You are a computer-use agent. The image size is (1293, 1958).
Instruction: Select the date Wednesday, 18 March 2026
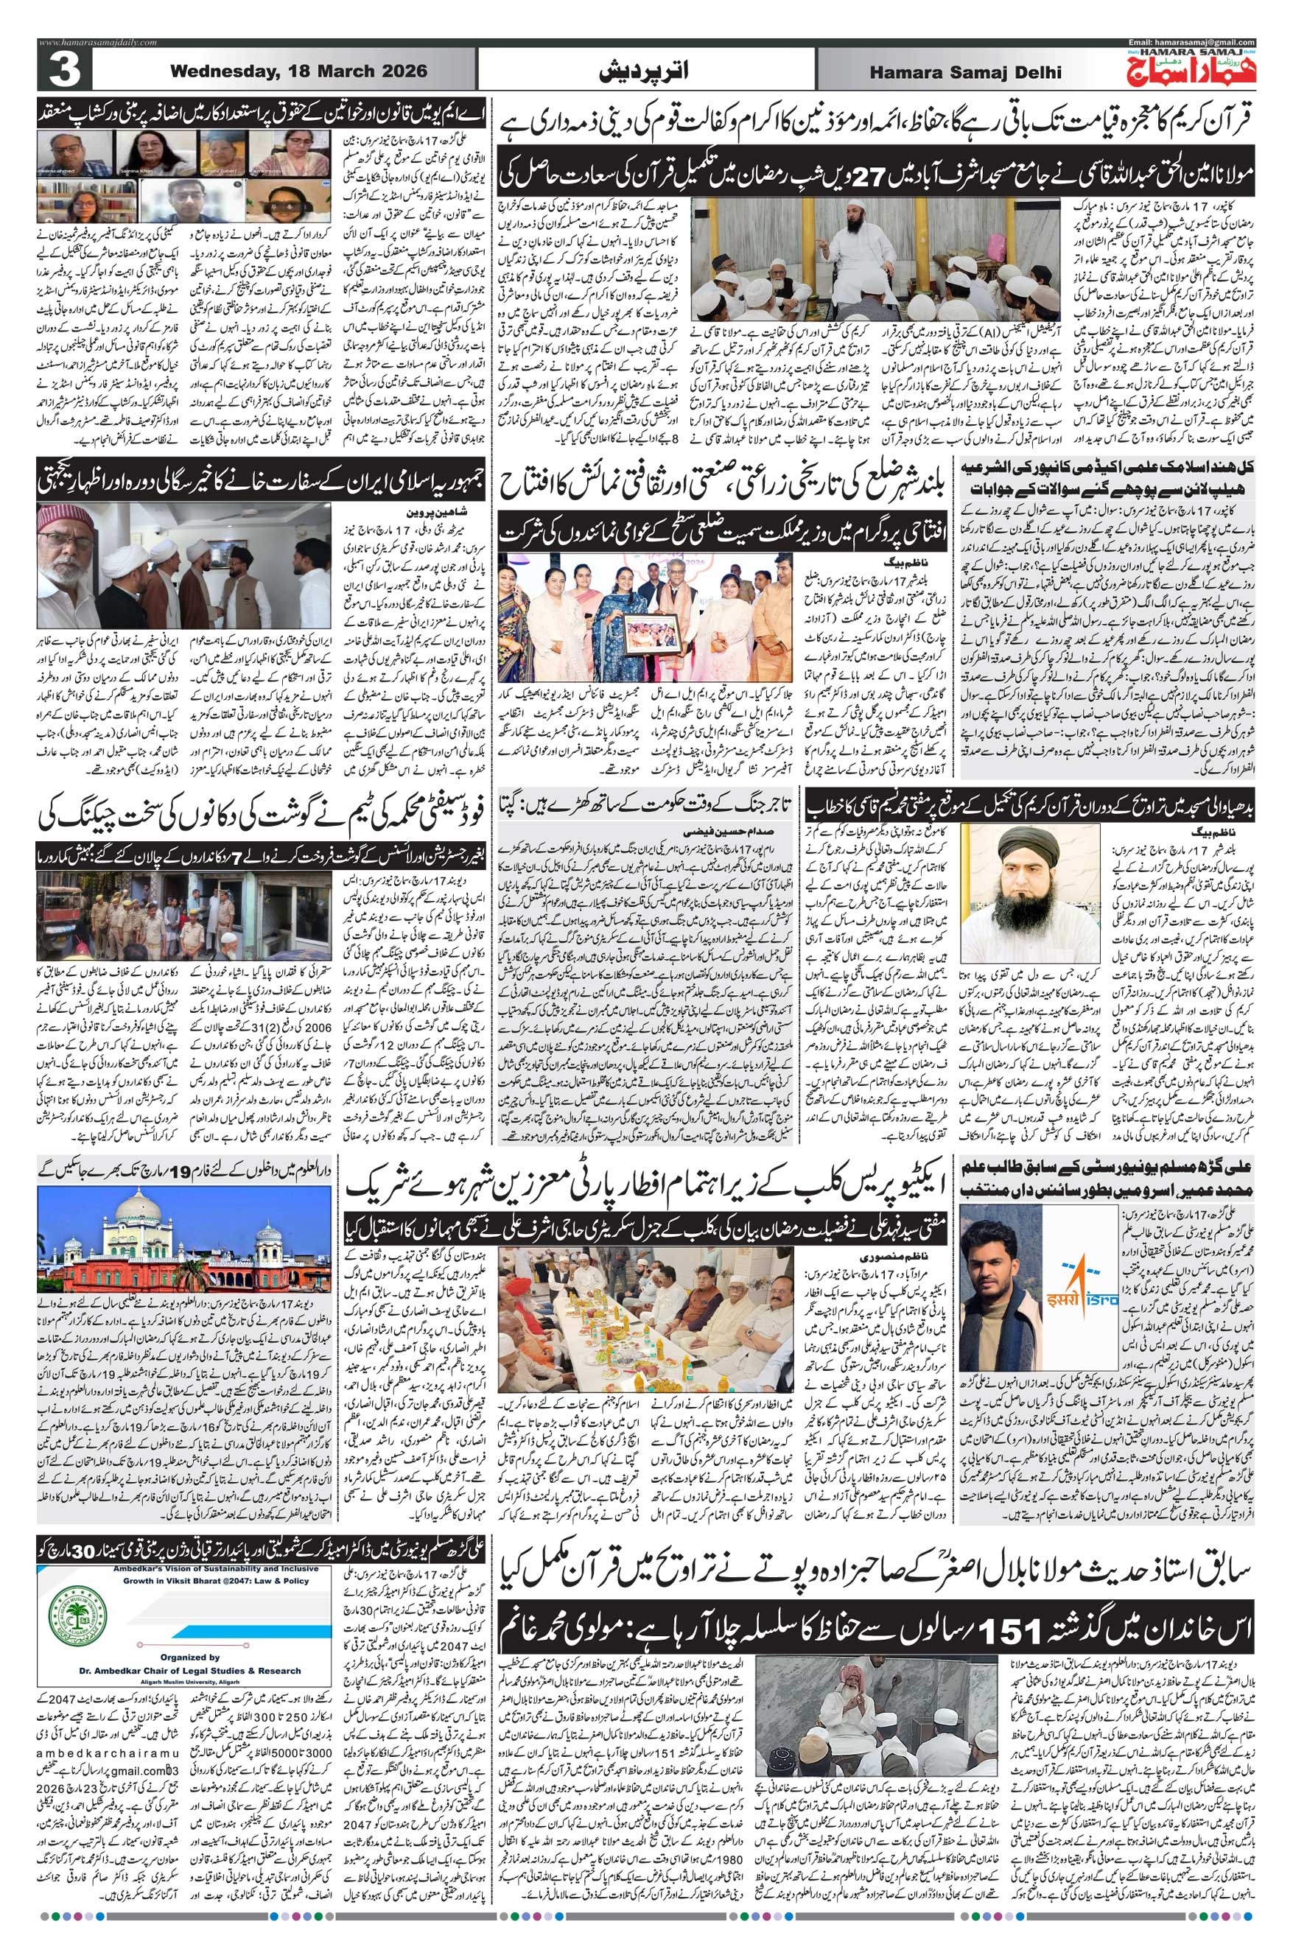pyautogui.click(x=298, y=71)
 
